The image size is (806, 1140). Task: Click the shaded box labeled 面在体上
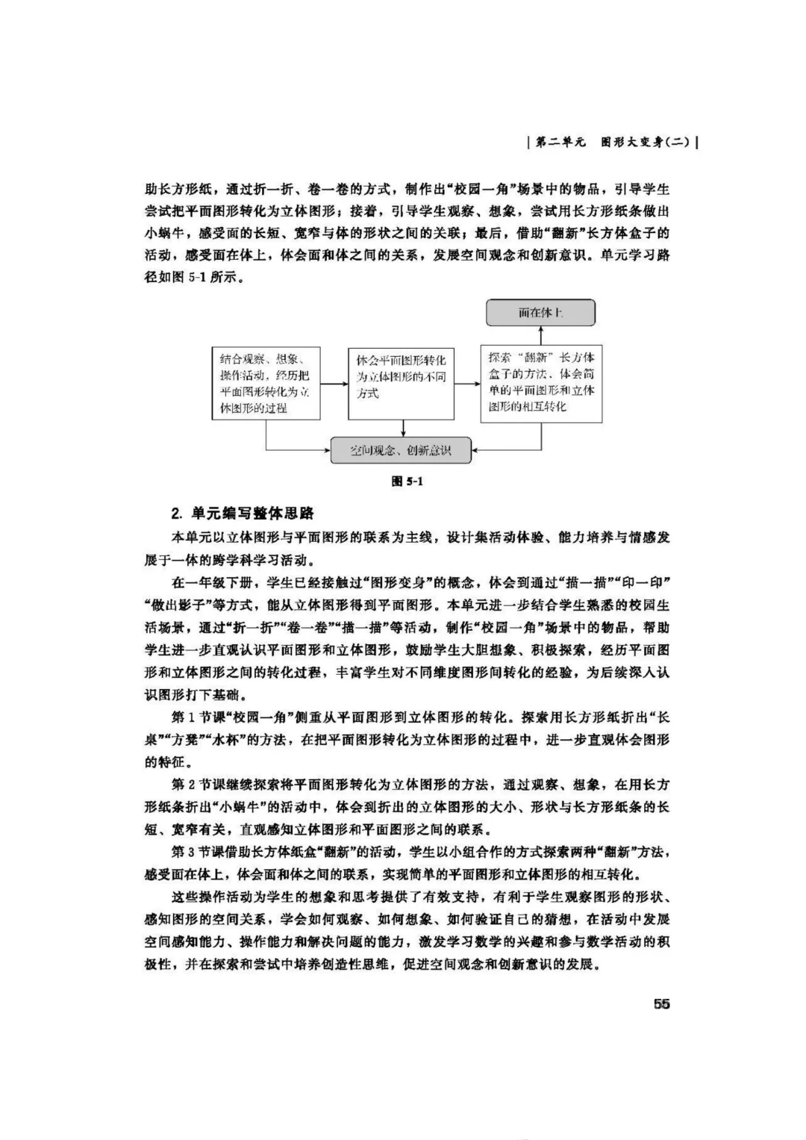coord(540,313)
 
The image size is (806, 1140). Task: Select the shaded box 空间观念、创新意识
coord(401,450)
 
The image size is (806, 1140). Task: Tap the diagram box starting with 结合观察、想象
coord(265,384)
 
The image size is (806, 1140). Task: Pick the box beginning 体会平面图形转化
coord(401,384)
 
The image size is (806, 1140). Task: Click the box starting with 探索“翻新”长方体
coord(541,384)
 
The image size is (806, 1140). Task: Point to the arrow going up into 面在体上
coord(541,335)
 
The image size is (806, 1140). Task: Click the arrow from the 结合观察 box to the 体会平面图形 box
coord(334,384)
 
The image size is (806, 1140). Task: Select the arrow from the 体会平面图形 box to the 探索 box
coord(467,384)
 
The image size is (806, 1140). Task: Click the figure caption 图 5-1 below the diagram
coord(407,482)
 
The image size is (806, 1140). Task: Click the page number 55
coord(661,1004)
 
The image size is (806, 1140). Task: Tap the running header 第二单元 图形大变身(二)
coord(611,143)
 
